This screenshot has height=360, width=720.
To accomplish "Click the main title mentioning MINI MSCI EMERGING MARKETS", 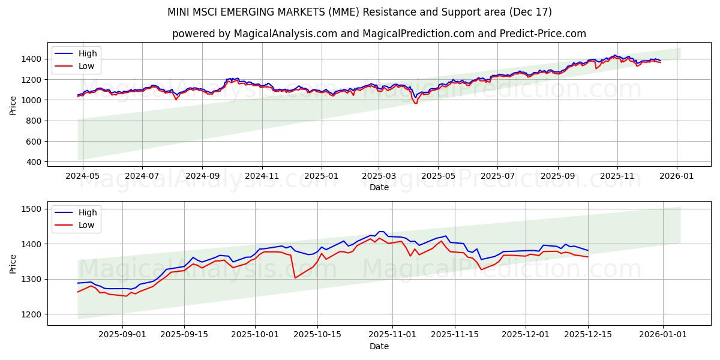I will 359,12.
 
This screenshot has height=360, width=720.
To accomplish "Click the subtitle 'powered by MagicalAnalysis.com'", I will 379,34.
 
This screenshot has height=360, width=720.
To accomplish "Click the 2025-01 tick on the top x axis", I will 321,176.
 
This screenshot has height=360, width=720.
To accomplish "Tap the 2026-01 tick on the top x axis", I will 677,176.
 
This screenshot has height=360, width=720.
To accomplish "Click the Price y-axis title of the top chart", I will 13,105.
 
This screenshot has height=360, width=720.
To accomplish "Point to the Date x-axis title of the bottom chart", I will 379,346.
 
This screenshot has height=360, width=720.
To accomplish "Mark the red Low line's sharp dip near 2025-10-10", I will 295,278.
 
